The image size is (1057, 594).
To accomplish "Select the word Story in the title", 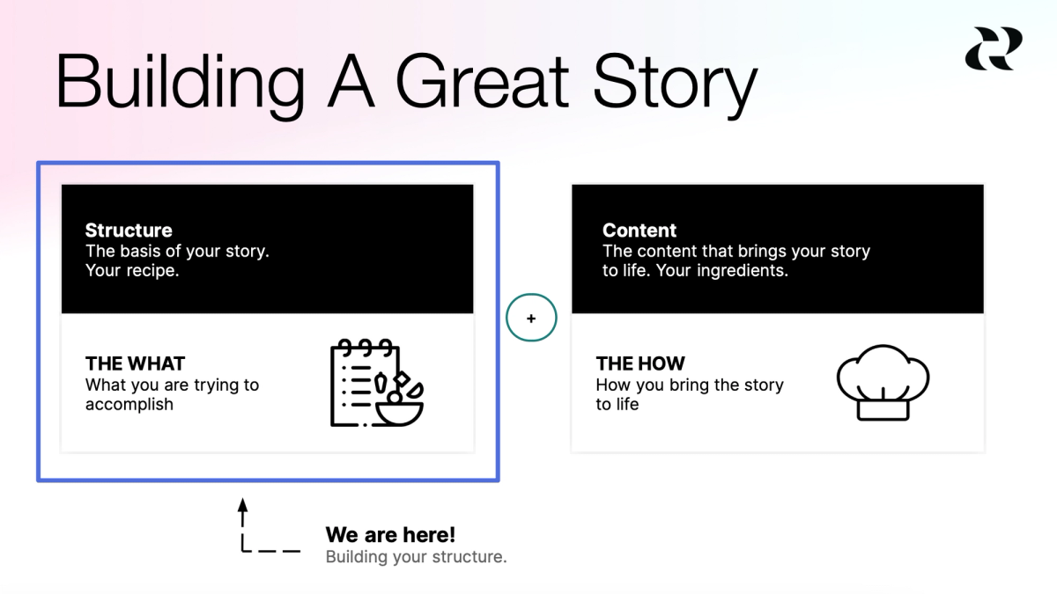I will pyautogui.click(x=675, y=82).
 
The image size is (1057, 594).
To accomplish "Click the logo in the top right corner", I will pyautogui.click(x=994, y=48).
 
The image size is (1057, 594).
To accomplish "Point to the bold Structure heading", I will pyautogui.click(x=129, y=231).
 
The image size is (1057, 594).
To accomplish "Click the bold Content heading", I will pyautogui.click(x=639, y=231).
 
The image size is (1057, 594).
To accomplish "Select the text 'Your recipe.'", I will pyautogui.click(x=132, y=270).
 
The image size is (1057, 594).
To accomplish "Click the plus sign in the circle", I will pyautogui.click(x=531, y=319).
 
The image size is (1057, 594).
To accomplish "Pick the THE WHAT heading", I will pyautogui.click(x=135, y=363).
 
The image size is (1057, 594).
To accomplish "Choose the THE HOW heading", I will pyautogui.click(x=640, y=363).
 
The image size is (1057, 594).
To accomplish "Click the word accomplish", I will pyautogui.click(x=129, y=405).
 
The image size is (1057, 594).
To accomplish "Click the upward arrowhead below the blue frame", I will pyautogui.click(x=244, y=506).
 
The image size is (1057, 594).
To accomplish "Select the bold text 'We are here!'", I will pyautogui.click(x=390, y=535).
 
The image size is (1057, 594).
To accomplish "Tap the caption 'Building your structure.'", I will pyautogui.click(x=416, y=557).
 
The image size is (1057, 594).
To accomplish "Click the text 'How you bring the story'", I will pyautogui.click(x=690, y=385).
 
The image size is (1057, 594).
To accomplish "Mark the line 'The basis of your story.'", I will pyautogui.click(x=177, y=251).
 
